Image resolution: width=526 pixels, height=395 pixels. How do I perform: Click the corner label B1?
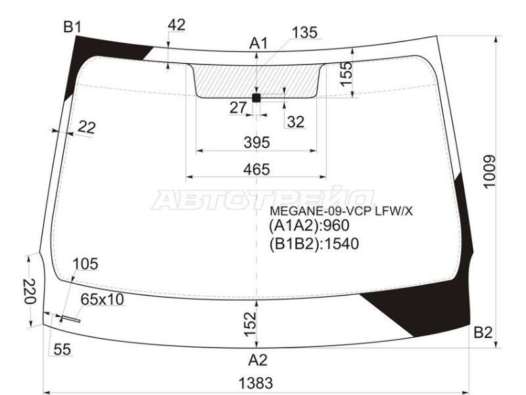tap(72, 27)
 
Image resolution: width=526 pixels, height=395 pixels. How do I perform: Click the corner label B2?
tap(483, 333)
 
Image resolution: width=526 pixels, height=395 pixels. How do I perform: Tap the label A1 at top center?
tap(258, 43)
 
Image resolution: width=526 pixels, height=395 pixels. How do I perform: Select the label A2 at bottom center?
tap(258, 360)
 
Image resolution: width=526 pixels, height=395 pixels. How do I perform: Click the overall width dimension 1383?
tap(256, 382)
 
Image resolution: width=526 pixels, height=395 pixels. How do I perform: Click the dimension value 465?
tap(256, 170)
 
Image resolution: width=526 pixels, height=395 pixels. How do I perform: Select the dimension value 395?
tap(256, 142)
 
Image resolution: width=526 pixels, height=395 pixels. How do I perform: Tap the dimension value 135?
tap(304, 32)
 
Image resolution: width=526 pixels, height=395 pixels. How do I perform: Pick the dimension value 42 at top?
tap(177, 25)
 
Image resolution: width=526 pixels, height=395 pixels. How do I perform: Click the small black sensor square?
tap(256, 98)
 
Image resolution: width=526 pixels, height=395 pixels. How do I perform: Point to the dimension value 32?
tap(296, 121)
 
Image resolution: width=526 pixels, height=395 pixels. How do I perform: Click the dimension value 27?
tap(238, 107)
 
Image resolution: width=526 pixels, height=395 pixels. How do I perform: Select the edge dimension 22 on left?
tap(86, 128)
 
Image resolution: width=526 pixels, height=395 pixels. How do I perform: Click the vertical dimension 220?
tap(28, 290)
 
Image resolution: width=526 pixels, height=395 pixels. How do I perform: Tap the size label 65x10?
tap(102, 300)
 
